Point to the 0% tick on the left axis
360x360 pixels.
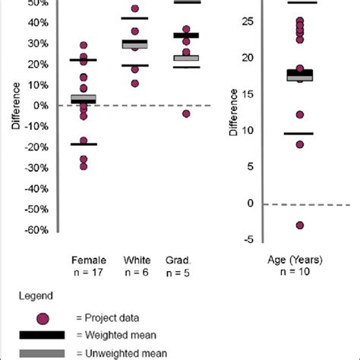point(46,106)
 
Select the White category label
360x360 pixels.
point(135,260)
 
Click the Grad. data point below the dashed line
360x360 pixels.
point(186,114)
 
